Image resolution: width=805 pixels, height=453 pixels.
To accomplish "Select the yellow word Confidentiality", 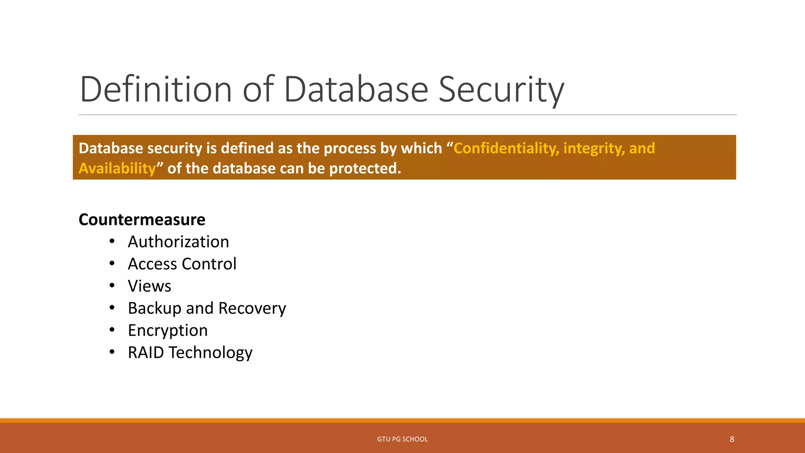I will [506, 148].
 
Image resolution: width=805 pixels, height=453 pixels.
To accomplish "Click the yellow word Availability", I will [117, 168].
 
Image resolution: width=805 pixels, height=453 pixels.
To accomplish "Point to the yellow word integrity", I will [594, 148].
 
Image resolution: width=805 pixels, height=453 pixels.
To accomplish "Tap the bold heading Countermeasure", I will [142, 219].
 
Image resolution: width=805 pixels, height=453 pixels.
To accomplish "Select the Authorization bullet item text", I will [178, 241].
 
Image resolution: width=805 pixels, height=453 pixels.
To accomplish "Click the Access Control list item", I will [182, 264].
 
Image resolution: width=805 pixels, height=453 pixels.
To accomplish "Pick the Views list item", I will [149, 286].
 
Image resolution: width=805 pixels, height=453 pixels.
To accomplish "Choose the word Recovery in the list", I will [252, 308].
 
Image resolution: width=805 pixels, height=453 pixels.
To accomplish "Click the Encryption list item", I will [168, 330].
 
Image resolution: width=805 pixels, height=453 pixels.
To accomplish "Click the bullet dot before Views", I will [112, 285].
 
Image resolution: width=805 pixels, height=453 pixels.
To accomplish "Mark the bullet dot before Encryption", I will [112, 330].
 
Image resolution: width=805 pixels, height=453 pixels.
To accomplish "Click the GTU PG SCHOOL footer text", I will [402, 439].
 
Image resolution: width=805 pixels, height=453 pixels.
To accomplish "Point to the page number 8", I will [732, 439].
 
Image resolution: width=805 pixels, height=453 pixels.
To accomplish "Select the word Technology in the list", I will [210, 352].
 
